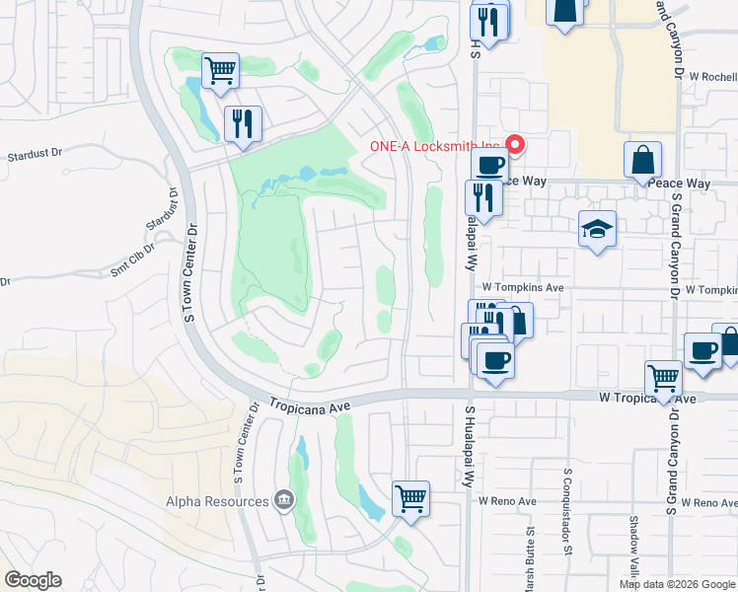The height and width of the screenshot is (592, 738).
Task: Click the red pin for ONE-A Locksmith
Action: [514, 145]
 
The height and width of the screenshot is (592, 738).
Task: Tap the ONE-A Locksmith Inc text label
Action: [433, 146]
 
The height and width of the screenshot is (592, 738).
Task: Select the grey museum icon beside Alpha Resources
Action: [285, 500]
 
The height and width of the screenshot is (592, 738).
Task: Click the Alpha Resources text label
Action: [216, 501]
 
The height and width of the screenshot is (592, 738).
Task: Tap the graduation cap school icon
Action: [597, 230]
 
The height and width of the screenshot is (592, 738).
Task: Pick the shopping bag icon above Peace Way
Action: [642, 161]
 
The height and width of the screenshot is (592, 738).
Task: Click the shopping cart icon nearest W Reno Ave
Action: [410, 499]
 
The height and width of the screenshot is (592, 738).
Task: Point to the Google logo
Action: [33, 580]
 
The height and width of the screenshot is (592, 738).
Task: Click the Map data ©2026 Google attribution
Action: [677, 584]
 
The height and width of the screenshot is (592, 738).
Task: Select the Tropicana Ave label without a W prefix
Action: [312, 406]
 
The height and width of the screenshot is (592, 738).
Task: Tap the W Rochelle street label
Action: [712, 76]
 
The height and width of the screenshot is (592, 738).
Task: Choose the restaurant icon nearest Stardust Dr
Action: [242, 124]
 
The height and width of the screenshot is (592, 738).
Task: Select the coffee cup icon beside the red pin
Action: [488, 165]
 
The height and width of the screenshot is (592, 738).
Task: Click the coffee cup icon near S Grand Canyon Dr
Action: [702, 352]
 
